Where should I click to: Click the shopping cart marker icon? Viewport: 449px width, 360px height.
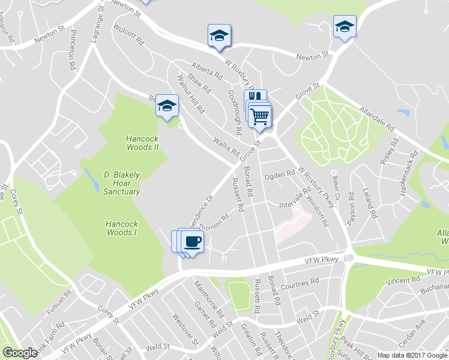click(260, 116)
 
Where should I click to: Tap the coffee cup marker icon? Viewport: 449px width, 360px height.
click(192, 242)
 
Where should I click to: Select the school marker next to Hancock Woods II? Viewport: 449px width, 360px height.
click(167, 106)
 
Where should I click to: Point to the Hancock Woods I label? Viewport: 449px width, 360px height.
click(122, 228)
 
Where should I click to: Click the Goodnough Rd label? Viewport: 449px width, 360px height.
click(234, 112)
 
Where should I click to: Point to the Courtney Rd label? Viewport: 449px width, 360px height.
click(300, 283)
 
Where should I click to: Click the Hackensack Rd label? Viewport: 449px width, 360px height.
click(410, 165)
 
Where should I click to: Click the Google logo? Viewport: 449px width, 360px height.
click(20, 353)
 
